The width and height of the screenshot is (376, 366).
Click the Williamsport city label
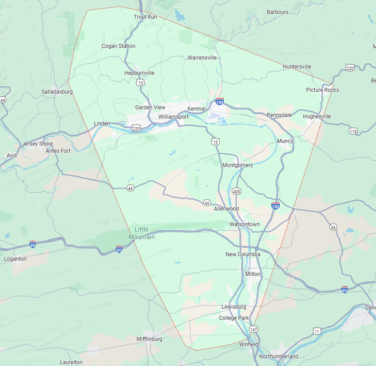click(173, 117)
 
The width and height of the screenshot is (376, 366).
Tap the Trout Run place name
click(145, 17)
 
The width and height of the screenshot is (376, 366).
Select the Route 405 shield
click(237, 191)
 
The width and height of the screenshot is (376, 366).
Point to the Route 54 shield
click(333, 227)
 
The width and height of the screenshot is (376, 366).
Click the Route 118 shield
click(354, 131)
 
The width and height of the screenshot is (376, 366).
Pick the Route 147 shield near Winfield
click(254, 329)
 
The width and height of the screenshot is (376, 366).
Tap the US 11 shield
click(317, 331)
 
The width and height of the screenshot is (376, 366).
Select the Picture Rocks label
click(322, 90)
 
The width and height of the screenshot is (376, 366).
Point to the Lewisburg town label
click(234, 307)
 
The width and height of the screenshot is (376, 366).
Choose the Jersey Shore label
click(38, 144)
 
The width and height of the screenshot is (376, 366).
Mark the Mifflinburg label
click(149, 339)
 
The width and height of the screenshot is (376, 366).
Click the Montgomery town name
click(238, 165)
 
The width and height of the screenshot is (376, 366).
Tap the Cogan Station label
click(118, 46)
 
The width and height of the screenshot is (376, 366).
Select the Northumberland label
click(278, 357)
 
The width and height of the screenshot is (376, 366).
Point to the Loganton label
click(15, 259)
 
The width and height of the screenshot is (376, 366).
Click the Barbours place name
click(278, 12)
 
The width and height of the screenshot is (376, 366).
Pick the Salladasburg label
click(57, 92)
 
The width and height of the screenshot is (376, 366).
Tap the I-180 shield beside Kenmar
click(219, 102)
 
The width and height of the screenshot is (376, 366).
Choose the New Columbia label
click(243, 254)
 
